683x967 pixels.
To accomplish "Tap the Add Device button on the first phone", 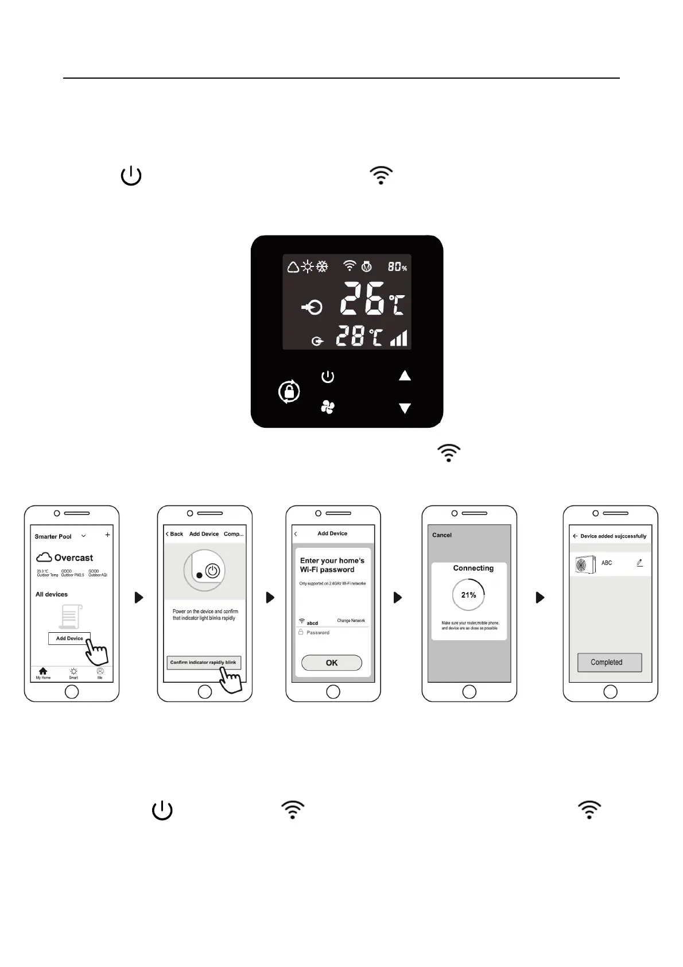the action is (69, 638).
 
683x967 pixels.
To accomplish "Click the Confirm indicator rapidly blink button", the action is (203, 662).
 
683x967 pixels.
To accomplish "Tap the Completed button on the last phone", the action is (609, 662).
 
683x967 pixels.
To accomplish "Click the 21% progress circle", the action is (468, 595).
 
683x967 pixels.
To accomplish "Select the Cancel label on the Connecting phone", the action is (442, 535).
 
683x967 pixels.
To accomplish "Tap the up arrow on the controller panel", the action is (405, 376).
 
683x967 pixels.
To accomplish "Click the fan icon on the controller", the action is (327, 408).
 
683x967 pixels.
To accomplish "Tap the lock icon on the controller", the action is (289, 392).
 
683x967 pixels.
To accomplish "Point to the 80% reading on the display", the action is (397, 267).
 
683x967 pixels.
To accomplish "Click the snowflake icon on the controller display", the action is (323, 266).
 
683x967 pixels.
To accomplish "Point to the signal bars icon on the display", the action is (399, 338).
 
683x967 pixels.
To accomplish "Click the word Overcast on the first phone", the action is (73, 558).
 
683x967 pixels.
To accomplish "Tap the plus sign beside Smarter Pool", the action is (107, 535).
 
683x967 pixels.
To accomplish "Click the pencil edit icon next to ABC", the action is (639, 563).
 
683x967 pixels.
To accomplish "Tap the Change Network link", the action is (351, 621).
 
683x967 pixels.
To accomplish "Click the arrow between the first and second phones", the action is (138, 597).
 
